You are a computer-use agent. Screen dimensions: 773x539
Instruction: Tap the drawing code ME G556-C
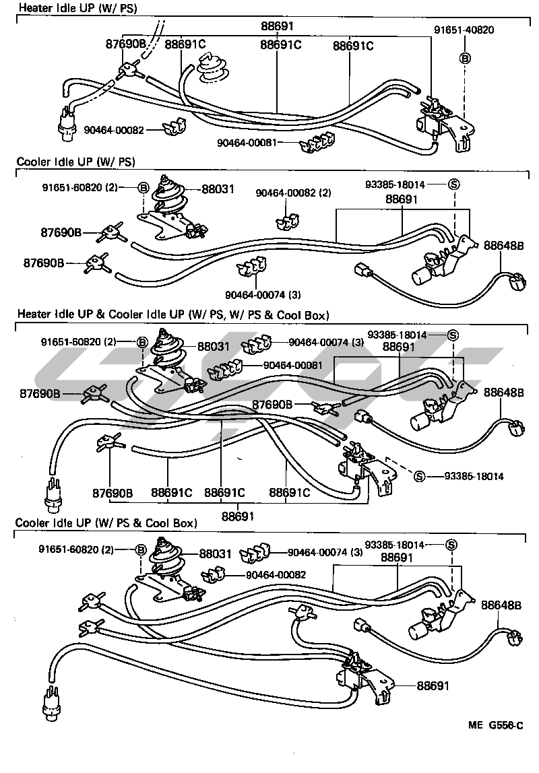click(496, 726)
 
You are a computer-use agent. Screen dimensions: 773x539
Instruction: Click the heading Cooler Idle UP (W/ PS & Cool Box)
click(106, 523)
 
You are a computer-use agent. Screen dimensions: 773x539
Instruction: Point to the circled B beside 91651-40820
click(464, 58)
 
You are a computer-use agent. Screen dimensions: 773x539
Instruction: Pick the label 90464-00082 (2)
click(293, 193)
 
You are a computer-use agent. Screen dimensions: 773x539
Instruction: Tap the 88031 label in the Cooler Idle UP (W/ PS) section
click(218, 189)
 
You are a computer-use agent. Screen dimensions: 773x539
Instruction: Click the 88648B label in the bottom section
click(501, 605)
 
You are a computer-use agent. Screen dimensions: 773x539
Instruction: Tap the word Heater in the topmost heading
click(33, 8)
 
